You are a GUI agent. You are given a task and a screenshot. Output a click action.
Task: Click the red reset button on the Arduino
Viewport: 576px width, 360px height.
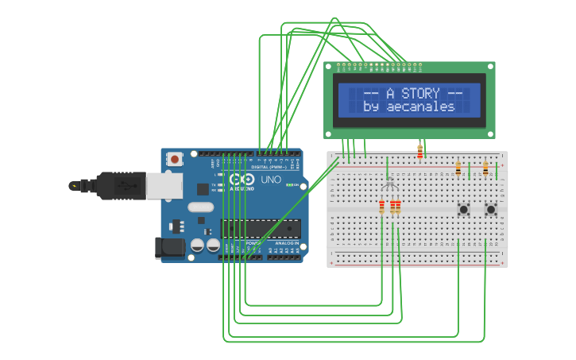pyautogui.click(x=174, y=160)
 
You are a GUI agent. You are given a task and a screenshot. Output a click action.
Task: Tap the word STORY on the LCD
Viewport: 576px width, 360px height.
pyautogui.click(x=420, y=94)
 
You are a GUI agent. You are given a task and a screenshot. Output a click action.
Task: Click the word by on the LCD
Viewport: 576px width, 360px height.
pyautogui.click(x=371, y=107)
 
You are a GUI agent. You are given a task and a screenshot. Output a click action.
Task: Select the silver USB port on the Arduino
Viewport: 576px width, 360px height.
pyautogui.click(x=165, y=186)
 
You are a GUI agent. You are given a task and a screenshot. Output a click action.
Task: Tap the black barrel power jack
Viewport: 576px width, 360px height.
pyautogui.click(x=170, y=247)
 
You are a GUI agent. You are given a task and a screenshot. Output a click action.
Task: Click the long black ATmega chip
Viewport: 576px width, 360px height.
pyautogui.click(x=261, y=229)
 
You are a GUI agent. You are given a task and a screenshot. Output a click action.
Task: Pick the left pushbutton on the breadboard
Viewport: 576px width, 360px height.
pyautogui.click(x=463, y=210)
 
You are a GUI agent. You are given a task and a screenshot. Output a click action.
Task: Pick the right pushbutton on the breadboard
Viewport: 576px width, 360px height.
pyautogui.click(x=491, y=210)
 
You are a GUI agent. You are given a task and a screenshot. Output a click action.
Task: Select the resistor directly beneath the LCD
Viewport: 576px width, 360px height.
pyautogui.click(x=419, y=152)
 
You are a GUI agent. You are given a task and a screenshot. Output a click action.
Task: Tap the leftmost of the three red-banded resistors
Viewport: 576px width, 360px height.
pyautogui.click(x=381, y=207)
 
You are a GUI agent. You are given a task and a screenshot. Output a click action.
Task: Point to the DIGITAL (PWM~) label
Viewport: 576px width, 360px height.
pyautogui.click(x=268, y=168)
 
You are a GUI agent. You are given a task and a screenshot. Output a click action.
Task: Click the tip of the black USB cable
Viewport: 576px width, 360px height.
pyautogui.click(x=74, y=186)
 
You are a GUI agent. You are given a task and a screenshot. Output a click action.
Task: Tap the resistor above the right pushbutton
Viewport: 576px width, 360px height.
pyautogui.click(x=485, y=168)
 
